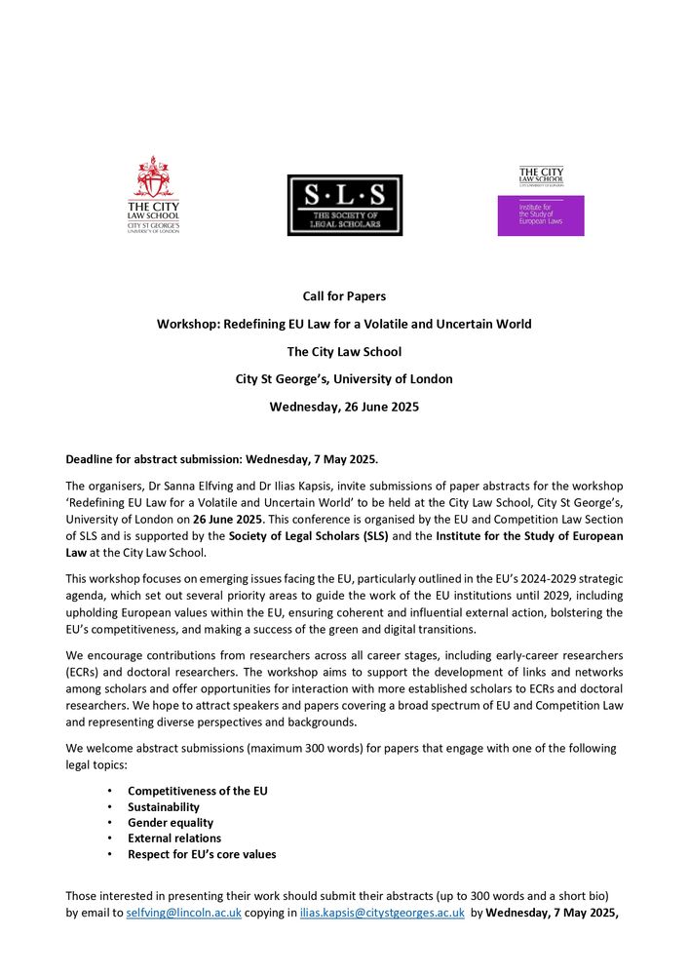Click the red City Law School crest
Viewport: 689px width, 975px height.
(154, 177)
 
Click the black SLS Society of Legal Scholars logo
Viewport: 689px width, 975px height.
(344, 205)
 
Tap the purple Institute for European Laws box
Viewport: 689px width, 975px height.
(541, 215)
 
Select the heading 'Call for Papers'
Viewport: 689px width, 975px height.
(344, 295)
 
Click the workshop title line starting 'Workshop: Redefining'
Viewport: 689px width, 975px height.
(344, 324)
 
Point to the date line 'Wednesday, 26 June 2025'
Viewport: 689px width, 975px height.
(344, 407)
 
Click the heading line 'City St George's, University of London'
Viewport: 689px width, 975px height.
(344, 378)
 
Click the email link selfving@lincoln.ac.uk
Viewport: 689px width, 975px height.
(184, 914)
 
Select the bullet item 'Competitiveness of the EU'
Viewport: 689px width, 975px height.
(197, 791)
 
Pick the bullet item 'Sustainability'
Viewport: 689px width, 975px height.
(164, 806)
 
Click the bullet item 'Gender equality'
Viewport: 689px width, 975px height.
(171, 822)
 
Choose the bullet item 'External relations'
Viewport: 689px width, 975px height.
(174, 838)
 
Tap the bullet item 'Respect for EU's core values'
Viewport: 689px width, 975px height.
(202, 854)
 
